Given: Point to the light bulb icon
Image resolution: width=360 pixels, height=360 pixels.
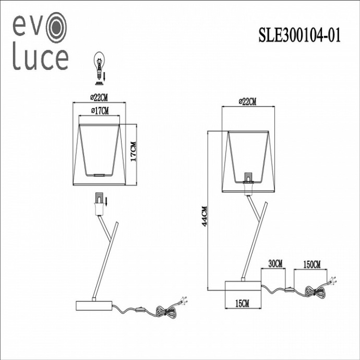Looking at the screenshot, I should pos(98,65).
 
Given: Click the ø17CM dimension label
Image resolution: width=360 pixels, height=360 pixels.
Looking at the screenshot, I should pos(99,110).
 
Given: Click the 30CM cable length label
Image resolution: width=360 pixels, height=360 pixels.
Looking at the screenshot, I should pos(275,265).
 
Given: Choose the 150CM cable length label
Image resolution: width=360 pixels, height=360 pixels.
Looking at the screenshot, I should pos(311,265).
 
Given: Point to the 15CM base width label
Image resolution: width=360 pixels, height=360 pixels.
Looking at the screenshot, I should pos(242,303).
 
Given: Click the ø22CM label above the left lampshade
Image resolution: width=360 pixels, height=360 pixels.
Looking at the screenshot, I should pos(99,97).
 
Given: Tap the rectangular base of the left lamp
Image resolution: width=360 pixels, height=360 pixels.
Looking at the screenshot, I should pos(94,305).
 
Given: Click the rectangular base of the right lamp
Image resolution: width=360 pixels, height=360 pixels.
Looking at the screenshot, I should pos(242,286).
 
